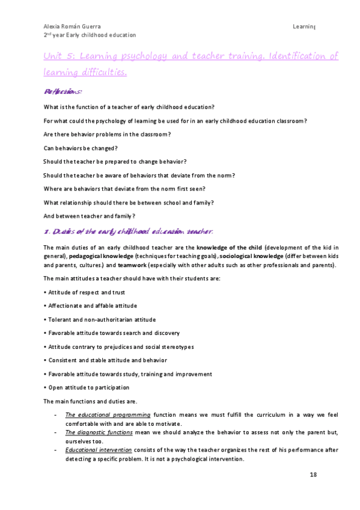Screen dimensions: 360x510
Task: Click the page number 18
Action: [x=313, y=475]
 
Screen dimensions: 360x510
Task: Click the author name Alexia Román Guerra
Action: [x=71, y=27]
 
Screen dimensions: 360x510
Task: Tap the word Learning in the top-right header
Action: [x=304, y=27]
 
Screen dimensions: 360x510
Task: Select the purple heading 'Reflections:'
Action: [x=63, y=91]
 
